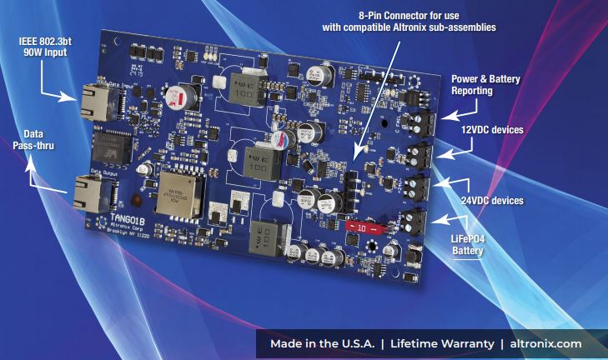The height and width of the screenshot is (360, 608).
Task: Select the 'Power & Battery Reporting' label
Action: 485,85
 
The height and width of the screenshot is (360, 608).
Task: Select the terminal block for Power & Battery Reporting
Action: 426,122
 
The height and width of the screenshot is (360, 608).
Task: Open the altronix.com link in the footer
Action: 545,344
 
